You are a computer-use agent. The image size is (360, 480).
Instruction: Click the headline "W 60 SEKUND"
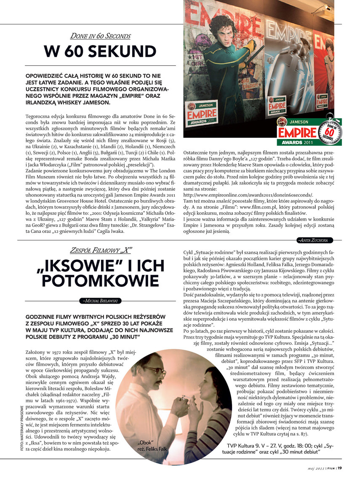click(100, 52)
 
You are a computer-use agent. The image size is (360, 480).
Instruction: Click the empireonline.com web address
click(248, 195)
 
